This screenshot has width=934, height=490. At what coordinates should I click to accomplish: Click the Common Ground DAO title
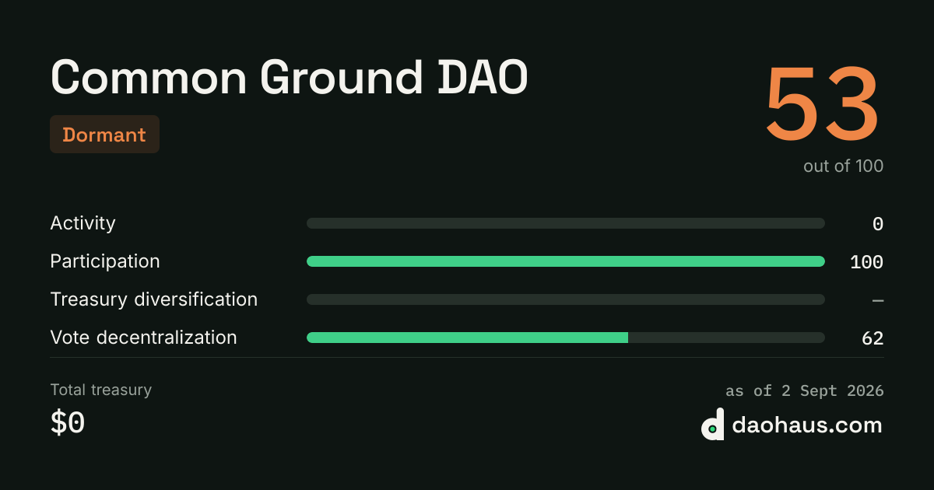click(289, 78)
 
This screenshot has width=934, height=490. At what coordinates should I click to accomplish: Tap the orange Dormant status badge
click(104, 134)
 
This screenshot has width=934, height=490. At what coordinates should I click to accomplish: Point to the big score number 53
click(822, 103)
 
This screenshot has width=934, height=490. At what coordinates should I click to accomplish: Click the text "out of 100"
click(843, 166)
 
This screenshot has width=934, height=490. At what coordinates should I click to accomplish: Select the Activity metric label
click(83, 224)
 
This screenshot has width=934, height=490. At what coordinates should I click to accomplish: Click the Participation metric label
click(105, 262)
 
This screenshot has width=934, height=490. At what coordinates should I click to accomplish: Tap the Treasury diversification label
click(154, 299)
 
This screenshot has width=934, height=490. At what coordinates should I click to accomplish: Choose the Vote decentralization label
click(143, 338)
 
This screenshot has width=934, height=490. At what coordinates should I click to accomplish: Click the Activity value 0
click(878, 224)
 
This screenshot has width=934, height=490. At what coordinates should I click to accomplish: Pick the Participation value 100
click(866, 262)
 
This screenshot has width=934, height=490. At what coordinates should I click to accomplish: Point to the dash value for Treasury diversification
click(878, 300)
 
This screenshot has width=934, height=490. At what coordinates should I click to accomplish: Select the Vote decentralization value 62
click(873, 338)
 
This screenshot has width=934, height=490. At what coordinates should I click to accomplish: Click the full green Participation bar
click(566, 261)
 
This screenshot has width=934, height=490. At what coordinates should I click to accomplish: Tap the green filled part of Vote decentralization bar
click(468, 338)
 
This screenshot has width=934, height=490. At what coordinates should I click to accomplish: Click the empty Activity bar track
click(566, 223)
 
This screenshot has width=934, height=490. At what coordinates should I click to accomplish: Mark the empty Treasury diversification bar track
click(566, 299)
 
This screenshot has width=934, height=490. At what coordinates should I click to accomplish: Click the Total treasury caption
click(101, 390)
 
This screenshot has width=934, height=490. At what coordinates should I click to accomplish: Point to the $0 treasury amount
click(68, 422)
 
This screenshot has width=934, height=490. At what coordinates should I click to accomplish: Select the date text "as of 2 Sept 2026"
click(804, 390)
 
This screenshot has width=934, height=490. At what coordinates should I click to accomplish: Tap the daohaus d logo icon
click(713, 424)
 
